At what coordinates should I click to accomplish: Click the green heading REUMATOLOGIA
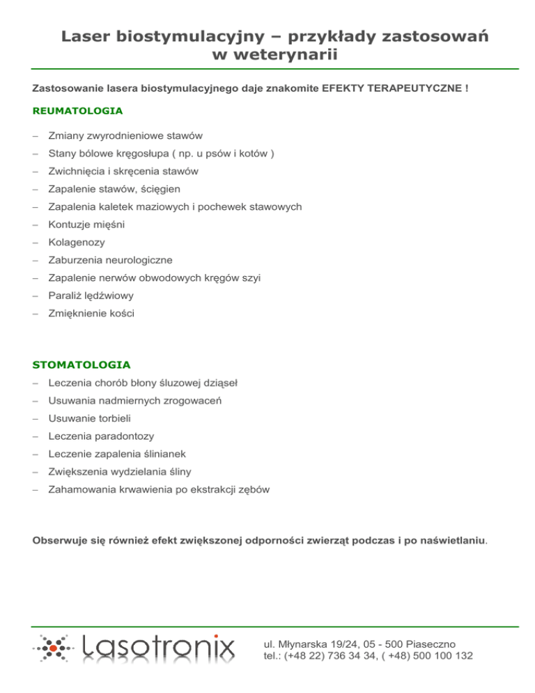click(78, 111)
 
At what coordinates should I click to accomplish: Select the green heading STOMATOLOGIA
click(82, 365)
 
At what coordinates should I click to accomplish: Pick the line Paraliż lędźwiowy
click(91, 296)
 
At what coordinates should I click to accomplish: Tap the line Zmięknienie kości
click(91, 314)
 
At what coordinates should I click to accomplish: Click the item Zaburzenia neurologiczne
click(110, 260)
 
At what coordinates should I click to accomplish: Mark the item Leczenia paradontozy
click(101, 436)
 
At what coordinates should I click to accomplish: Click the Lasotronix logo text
click(159, 649)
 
